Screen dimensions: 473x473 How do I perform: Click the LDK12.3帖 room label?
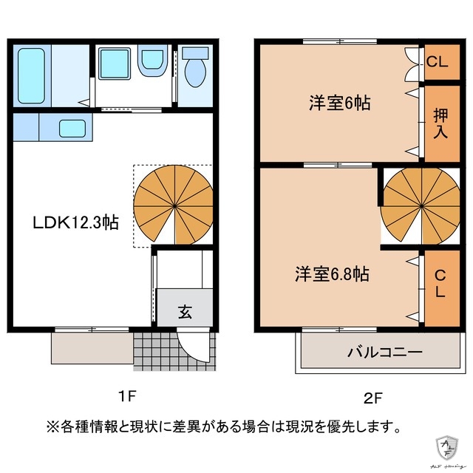pos(72,221)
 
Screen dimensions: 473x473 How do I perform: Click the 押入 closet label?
pos(440,123)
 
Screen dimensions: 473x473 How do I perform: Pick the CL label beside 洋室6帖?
pos(437,62)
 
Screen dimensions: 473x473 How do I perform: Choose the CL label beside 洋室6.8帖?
pos(440,284)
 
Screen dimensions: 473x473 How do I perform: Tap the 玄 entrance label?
pos(184,311)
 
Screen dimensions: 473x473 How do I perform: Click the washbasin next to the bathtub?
pos(115,63)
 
